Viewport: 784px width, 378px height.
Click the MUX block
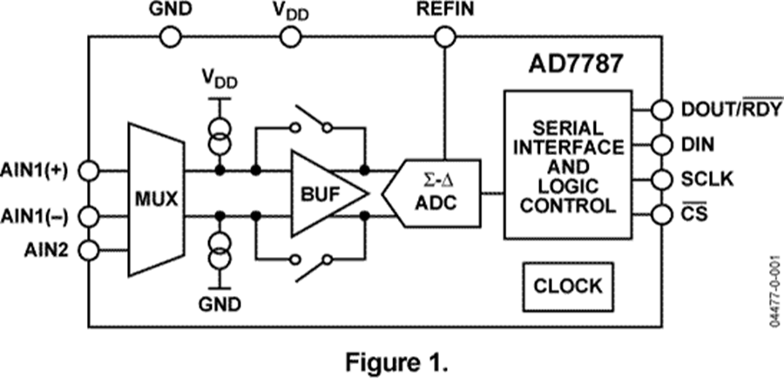click(x=156, y=199)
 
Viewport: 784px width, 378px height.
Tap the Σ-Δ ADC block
click(x=437, y=194)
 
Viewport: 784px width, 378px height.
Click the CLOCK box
click(x=567, y=285)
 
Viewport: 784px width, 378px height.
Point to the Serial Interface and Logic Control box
click(x=568, y=165)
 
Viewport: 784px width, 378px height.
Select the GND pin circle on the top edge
click(x=171, y=36)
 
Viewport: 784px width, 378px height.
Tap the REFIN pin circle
click(x=445, y=36)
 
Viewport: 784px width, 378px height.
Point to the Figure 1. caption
click(x=390, y=357)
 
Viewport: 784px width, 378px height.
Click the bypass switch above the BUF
click(x=312, y=121)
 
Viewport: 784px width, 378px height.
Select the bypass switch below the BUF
click(x=312, y=264)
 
